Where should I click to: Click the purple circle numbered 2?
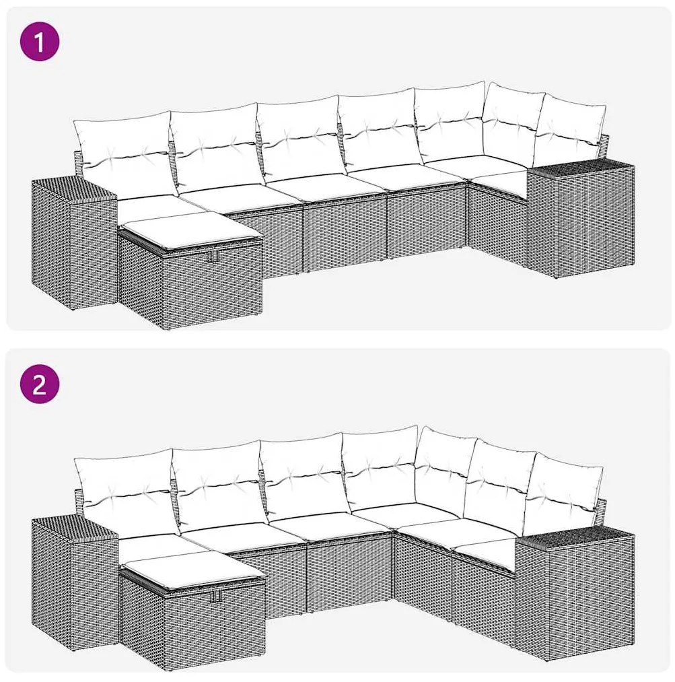[x=40, y=385]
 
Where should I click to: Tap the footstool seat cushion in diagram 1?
[x=190, y=227]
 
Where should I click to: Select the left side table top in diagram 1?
[x=74, y=189]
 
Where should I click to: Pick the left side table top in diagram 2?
[x=75, y=531]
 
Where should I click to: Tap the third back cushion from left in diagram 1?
[x=301, y=139]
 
